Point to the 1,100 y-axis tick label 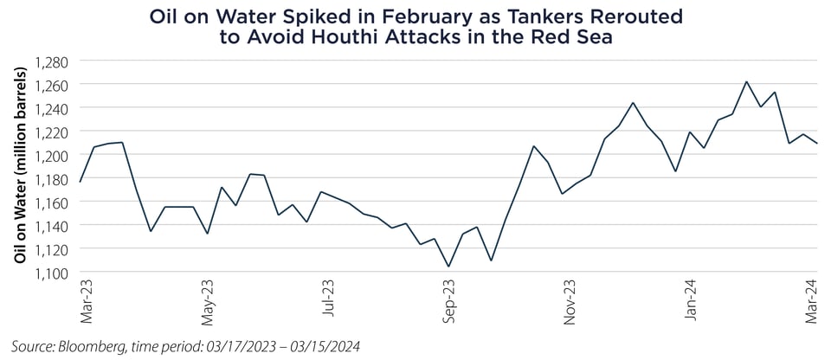[x=54, y=273]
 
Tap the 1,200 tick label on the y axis [x=54, y=155]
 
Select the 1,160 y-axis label [x=54, y=202]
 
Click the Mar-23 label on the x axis [x=86, y=302]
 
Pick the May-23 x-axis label [x=207, y=302]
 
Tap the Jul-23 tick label [x=328, y=302]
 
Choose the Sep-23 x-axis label [x=448, y=302]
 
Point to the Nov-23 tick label [x=570, y=302]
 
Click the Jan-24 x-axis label [x=690, y=302]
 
